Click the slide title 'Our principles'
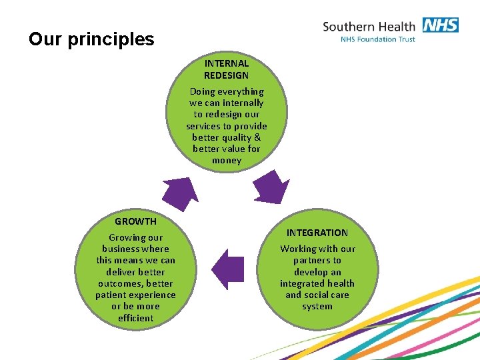pos(91,39)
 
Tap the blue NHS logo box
pos(439,25)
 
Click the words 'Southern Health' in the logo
pos(369,27)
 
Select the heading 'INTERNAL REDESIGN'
pos(226,69)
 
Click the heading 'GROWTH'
pos(135,221)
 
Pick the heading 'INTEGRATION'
pos(317,233)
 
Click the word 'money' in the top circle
pos(227,161)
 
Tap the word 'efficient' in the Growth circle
pos(135,318)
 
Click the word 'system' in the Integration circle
pos(317,307)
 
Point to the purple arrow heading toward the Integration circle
pos(271,187)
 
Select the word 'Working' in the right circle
pos(299,249)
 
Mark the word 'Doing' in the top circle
pos(202,91)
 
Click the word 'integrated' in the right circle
pos(303,283)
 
